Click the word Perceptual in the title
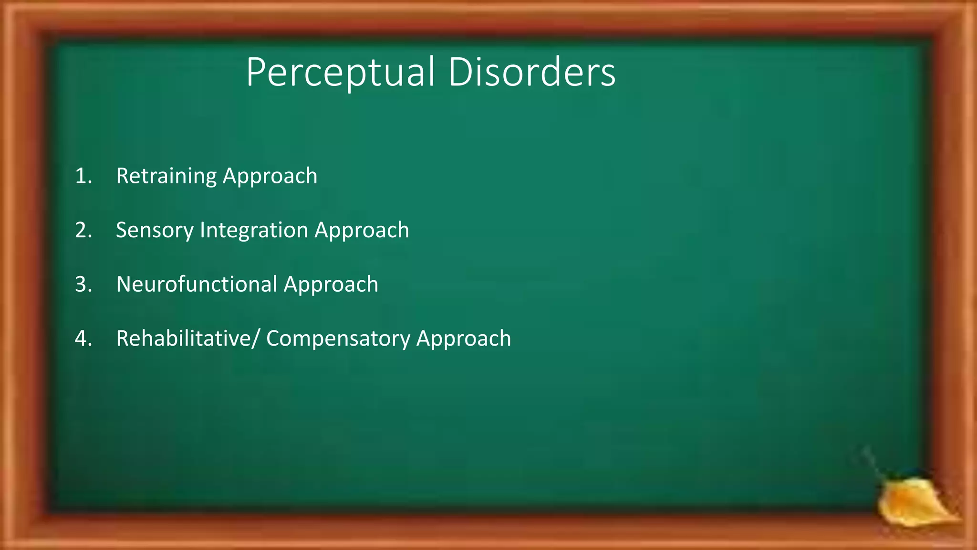pyautogui.click(x=340, y=73)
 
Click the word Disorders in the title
pyautogui.click(x=531, y=72)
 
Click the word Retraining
pyautogui.click(x=166, y=176)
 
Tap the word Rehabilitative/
pyautogui.click(x=188, y=338)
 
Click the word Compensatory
pyautogui.click(x=338, y=338)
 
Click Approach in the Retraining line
pyautogui.click(x=270, y=176)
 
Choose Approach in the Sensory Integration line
pyautogui.click(x=362, y=231)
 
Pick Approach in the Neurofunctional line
pyautogui.click(x=331, y=285)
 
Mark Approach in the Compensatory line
pyautogui.click(x=464, y=338)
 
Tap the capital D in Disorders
pyautogui.click(x=459, y=73)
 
